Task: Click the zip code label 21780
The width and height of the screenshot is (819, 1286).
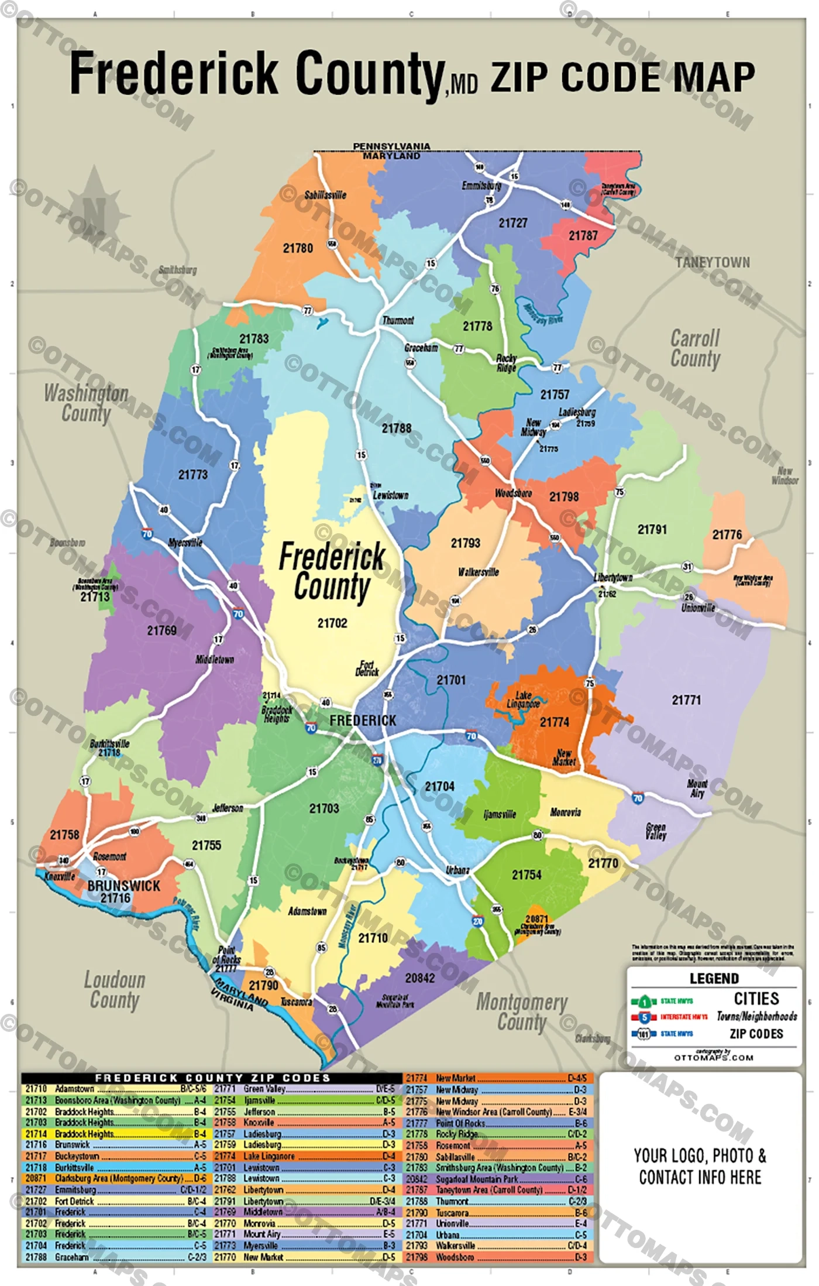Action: [298, 248]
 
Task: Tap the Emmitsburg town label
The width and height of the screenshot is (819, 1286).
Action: [481, 186]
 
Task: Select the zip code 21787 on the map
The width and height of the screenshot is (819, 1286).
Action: [583, 235]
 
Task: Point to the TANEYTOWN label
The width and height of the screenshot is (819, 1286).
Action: [712, 262]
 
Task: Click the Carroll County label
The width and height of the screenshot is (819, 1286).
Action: [695, 348]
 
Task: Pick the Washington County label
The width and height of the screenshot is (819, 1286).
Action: [86, 403]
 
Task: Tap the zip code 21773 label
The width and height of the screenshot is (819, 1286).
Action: [192, 474]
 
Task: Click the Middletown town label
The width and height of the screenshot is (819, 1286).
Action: [215, 660]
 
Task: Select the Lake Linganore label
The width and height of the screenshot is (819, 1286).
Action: [523, 699]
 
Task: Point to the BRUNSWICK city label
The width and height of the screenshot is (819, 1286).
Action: [123, 886]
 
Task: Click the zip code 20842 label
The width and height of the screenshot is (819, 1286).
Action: [419, 978]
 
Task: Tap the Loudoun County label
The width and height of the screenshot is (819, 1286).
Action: [114, 990]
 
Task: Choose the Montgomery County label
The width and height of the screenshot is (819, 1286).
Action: [521, 1011]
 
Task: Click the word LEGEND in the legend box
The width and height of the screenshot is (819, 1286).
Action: [714, 979]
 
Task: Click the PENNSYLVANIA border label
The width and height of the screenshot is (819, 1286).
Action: [391, 146]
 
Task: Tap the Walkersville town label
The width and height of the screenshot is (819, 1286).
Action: [478, 572]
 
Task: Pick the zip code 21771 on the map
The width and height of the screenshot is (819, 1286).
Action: [686, 699]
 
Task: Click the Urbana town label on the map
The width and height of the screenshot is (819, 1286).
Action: [457, 870]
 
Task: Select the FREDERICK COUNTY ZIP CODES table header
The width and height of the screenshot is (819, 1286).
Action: [212, 1078]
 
